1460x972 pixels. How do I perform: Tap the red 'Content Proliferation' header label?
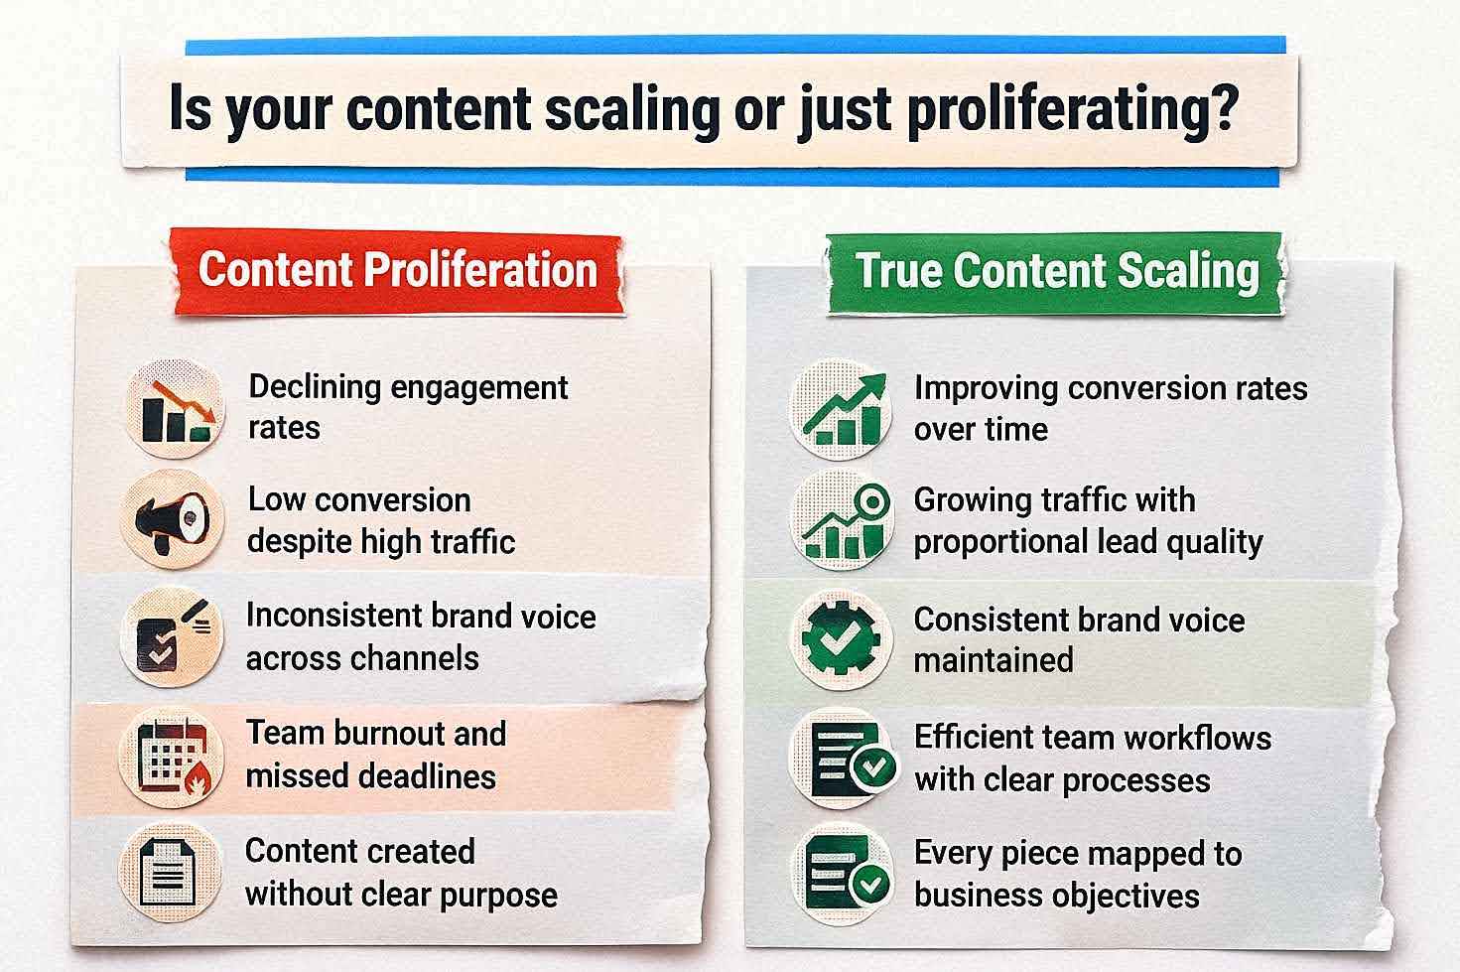397,270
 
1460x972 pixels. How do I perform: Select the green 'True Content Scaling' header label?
1057,271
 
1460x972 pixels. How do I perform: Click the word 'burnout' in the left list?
376,734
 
